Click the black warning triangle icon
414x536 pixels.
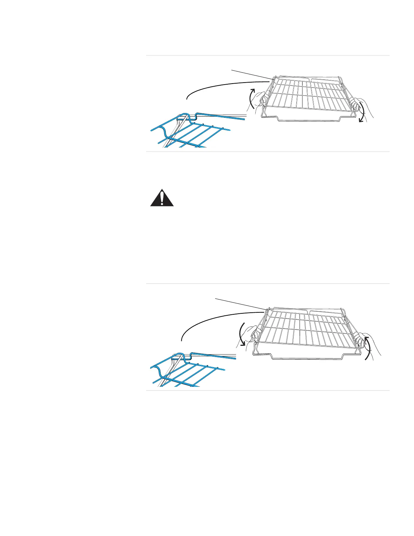(x=162, y=198)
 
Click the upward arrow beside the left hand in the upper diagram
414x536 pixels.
(x=250, y=98)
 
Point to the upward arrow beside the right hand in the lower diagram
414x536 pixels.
(x=367, y=349)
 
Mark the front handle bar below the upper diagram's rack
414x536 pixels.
(x=308, y=119)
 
